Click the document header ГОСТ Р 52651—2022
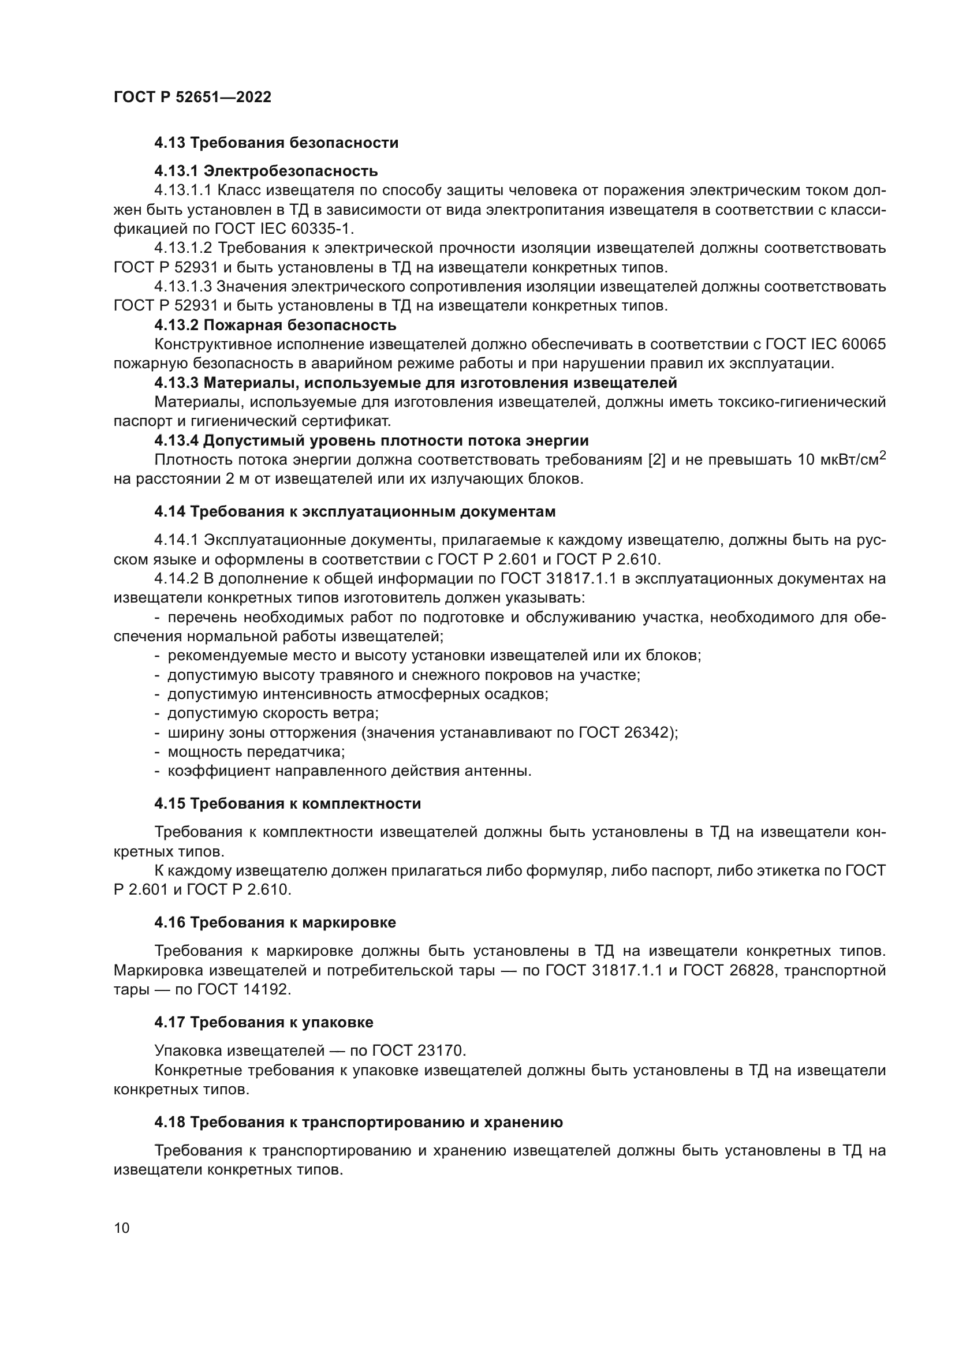[x=192, y=98]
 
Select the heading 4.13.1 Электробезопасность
[x=266, y=171]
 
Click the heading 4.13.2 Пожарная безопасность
[x=275, y=325]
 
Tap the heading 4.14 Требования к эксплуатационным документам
[x=355, y=511]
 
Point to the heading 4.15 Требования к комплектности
[x=288, y=804]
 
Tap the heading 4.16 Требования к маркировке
[x=275, y=922]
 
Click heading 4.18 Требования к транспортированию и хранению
[x=358, y=1123]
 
